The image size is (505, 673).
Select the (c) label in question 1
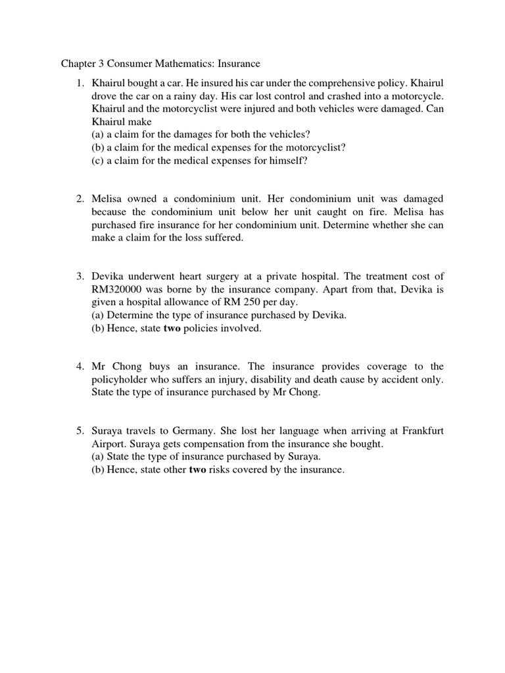pos(99,160)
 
